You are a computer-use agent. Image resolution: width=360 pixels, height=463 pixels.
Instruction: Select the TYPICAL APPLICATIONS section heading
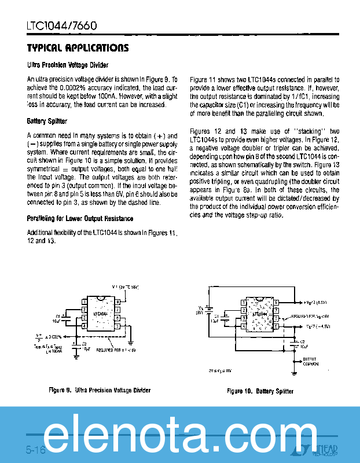pyautogui.click(x=78, y=48)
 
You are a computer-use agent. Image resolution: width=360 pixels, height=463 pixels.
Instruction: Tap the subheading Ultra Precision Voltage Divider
pyautogui.click(x=68, y=65)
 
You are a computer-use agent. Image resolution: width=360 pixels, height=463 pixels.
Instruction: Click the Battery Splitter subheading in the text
pyautogui.click(x=47, y=122)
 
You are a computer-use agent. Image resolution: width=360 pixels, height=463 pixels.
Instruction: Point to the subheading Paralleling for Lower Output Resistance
pyautogui.click(x=80, y=218)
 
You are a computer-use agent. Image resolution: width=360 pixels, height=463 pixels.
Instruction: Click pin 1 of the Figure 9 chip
pyautogui.click(x=84, y=302)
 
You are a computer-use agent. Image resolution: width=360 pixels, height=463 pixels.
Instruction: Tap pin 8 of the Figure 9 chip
pyautogui.click(x=117, y=302)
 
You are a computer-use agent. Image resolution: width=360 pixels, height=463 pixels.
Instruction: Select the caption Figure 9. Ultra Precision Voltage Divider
pyautogui.click(x=100, y=391)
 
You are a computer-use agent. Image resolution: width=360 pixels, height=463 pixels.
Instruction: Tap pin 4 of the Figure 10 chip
pyautogui.click(x=244, y=326)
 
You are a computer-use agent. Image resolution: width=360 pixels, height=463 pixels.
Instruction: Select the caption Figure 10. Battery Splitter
pyautogui.click(x=260, y=391)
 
